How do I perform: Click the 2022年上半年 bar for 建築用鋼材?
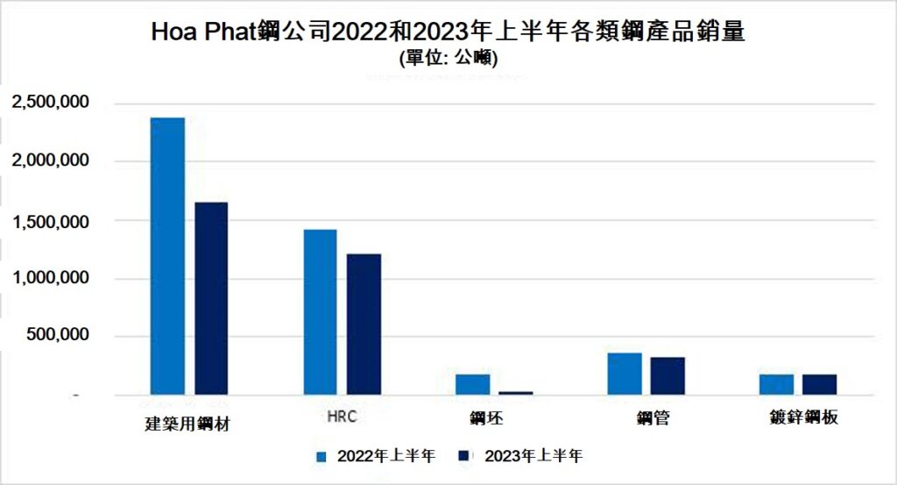(x=167, y=256)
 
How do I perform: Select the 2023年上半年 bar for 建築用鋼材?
(x=211, y=298)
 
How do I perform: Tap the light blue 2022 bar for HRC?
(x=320, y=311)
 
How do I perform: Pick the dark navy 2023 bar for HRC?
(x=364, y=324)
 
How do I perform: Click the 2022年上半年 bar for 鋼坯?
(x=472, y=384)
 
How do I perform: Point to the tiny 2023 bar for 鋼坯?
(x=516, y=392)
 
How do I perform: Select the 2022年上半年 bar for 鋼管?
(x=624, y=374)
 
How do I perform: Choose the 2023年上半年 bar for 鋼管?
(x=667, y=375)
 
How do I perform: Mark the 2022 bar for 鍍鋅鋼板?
(x=776, y=384)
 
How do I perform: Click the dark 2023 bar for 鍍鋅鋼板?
(x=819, y=384)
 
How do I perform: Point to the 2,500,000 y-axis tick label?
(x=50, y=103)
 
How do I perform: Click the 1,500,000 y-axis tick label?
(x=50, y=221)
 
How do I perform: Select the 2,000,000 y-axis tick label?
(x=50, y=161)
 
